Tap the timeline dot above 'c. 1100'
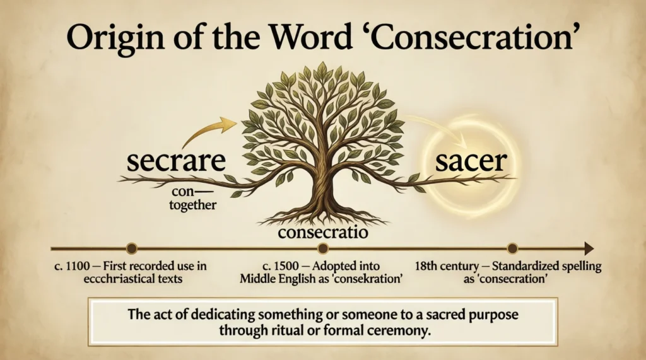[x=131, y=248]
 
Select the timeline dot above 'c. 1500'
[x=323, y=248]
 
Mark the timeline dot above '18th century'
[x=512, y=248]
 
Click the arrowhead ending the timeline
[x=589, y=248]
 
